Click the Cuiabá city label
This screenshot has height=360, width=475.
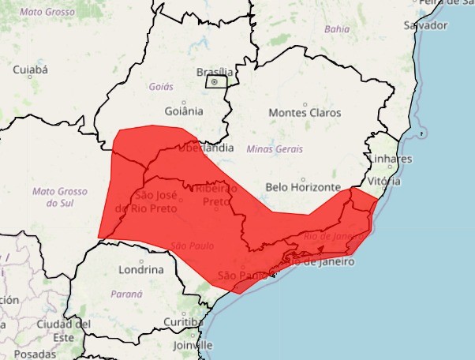click(31, 70)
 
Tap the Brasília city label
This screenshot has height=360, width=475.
click(214, 72)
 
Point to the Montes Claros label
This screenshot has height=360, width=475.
click(305, 113)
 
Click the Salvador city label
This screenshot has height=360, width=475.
click(425, 25)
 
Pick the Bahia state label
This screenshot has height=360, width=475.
click(336, 29)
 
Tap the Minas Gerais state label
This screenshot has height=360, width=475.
click(275, 148)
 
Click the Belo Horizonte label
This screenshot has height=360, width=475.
click(303, 188)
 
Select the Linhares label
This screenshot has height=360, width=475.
click(390, 159)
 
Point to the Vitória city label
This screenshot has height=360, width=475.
click(384, 181)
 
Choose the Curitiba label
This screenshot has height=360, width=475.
click(183, 321)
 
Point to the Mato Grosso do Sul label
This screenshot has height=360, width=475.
click(59, 197)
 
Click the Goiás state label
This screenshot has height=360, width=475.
click(160, 87)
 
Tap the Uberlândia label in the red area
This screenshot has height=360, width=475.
click(207, 148)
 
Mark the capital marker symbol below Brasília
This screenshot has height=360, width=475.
click(214, 81)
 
